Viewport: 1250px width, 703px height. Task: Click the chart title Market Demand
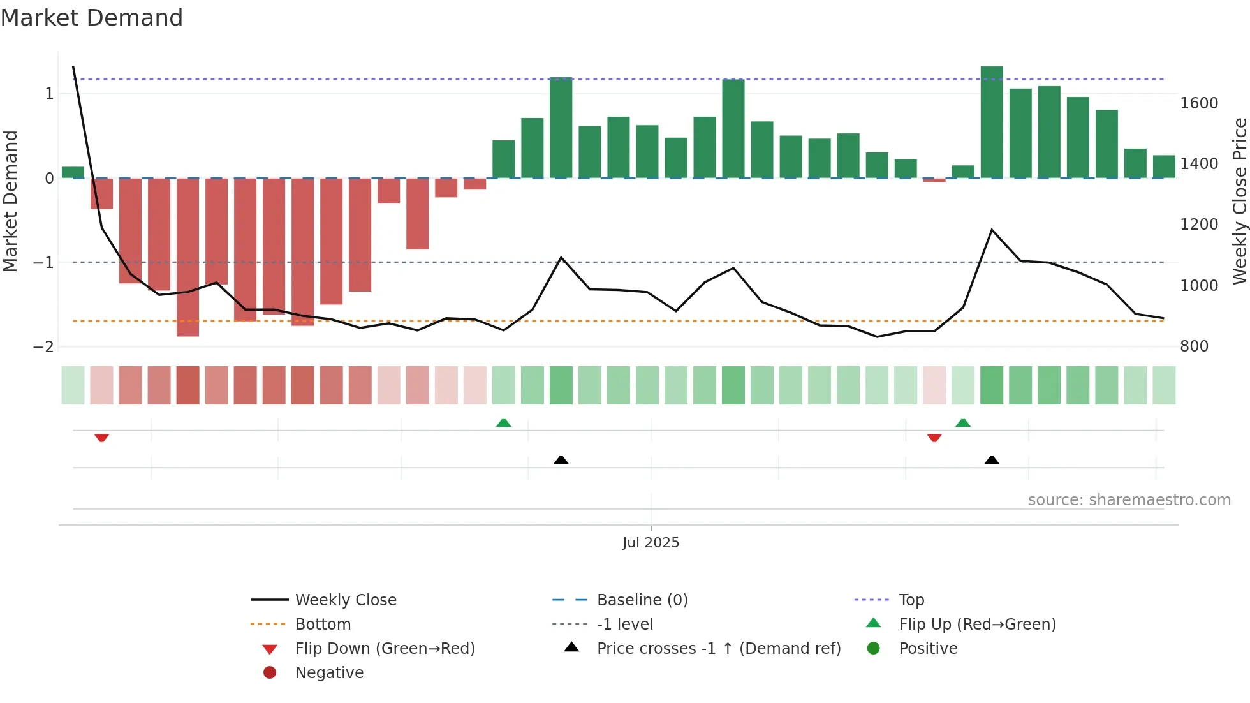[92, 18]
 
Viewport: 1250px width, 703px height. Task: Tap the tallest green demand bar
[992, 121]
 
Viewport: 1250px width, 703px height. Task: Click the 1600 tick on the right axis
[1198, 103]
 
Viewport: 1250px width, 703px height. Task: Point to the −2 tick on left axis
[43, 347]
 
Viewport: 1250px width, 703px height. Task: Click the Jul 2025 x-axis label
[651, 543]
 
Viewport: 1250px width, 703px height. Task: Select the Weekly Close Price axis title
[1239, 201]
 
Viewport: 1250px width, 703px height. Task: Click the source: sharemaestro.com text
[1129, 500]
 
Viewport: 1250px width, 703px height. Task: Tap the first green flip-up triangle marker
[504, 423]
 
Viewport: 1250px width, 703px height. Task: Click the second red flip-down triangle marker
[934, 438]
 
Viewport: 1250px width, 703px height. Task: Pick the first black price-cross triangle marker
[561, 460]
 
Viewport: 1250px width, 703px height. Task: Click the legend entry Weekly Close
[345, 600]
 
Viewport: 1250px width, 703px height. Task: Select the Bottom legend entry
[323, 625]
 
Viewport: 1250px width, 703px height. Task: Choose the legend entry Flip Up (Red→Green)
[977, 625]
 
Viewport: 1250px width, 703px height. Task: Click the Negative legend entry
[329, 673]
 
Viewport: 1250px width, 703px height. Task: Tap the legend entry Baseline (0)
[642, 600]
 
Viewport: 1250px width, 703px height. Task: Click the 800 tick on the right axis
[1194, 346]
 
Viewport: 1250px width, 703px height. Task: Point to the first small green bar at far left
[73, 172]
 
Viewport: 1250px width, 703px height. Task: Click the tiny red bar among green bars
[934, 180]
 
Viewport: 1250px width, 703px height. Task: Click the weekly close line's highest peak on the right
[992, 230]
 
